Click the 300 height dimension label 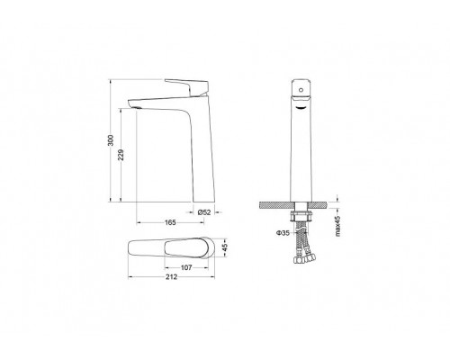(x=111, y=140)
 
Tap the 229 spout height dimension (x=121, y=155)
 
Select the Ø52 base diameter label (x=204, y=212)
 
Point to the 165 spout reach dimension (x=170, y=222)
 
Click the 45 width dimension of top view (x=225, y=247)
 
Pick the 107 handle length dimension (x=186, y=267)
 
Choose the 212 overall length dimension (x=172, y=276)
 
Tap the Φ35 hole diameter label (x=283, y=233)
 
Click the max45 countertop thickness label (x=337, y=226)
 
